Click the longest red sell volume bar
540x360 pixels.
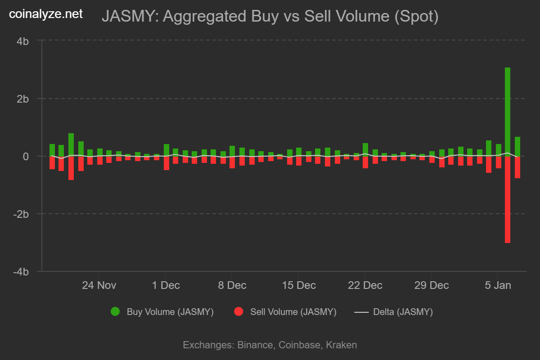point(507,200)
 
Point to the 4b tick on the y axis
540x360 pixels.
point(23,41)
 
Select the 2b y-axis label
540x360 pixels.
point(23,99)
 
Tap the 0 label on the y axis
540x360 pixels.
point(26,156)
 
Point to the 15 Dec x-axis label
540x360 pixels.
point(298,285)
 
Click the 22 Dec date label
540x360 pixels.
point(364,285)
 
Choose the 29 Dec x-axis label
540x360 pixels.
point(431,285)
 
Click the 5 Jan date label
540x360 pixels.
point(497,285)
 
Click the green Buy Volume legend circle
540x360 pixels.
point(115,312)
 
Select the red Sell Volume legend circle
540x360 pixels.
point(238,312)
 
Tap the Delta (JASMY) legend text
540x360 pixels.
point(403,312)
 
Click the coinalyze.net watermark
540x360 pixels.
point(46,14)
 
